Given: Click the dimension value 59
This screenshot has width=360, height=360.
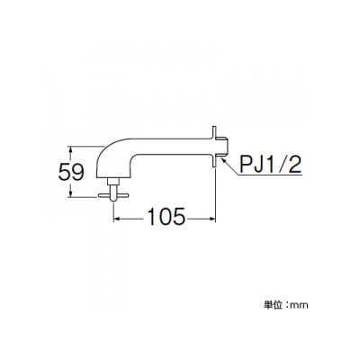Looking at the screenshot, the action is coord(71,173).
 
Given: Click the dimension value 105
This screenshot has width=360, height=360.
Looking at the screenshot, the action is coord(166,216).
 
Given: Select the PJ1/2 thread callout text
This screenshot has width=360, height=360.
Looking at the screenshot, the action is coord(269,164).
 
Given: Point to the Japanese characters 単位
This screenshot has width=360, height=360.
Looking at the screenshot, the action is coord(273,305).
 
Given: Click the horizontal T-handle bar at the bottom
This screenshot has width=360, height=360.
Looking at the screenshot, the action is coord(113,195).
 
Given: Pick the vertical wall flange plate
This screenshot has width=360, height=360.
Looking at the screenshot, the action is coord(214,147).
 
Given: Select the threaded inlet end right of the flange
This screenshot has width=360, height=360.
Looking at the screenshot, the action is coord(223,147).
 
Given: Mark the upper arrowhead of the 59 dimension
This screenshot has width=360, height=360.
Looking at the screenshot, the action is coord(71,149).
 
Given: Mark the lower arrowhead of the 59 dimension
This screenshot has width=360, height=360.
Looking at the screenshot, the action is coord(71,193).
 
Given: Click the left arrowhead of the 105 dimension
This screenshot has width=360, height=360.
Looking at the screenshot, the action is coord(117,219).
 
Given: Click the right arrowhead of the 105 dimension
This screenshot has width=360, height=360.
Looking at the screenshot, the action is coord(212,219).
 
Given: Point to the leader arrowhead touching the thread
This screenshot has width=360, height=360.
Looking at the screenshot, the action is coord(223,159).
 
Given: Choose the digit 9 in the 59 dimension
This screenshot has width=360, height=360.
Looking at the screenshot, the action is coord(78,173).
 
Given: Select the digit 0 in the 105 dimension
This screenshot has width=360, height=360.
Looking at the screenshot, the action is coord(166,216).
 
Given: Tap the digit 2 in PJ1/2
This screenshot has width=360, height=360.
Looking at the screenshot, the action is coord(293,164).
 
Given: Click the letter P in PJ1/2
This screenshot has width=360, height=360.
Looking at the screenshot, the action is coord(246,164).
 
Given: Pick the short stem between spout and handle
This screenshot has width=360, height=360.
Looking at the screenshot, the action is coord(113,186).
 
